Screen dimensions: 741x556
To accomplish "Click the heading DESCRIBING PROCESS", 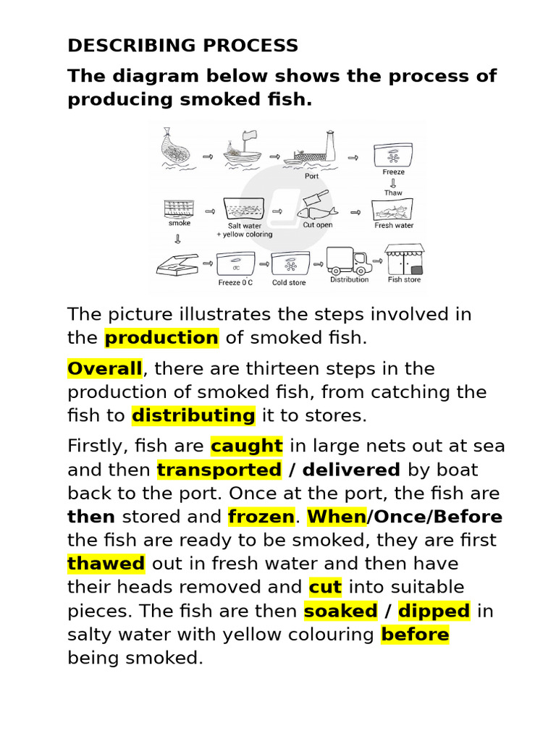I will coord(182,46).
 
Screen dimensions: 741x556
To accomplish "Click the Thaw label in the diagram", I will coord(393,193).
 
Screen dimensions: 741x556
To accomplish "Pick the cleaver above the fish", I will coord(316,199).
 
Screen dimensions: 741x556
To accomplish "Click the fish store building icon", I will coord(404,259).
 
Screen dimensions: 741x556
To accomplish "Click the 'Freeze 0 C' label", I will coord(235,283).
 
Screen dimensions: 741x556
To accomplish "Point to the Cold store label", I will coord(289,283).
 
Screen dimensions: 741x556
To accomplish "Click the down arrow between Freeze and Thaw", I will coord(393,183).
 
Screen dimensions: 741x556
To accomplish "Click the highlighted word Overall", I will coord(105,369).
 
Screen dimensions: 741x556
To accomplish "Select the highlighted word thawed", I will coord(106,564).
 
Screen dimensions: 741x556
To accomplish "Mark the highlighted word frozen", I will coord(261,517).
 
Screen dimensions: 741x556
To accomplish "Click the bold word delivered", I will coord(351,470).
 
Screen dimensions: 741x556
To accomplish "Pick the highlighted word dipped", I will coord(434,611).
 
